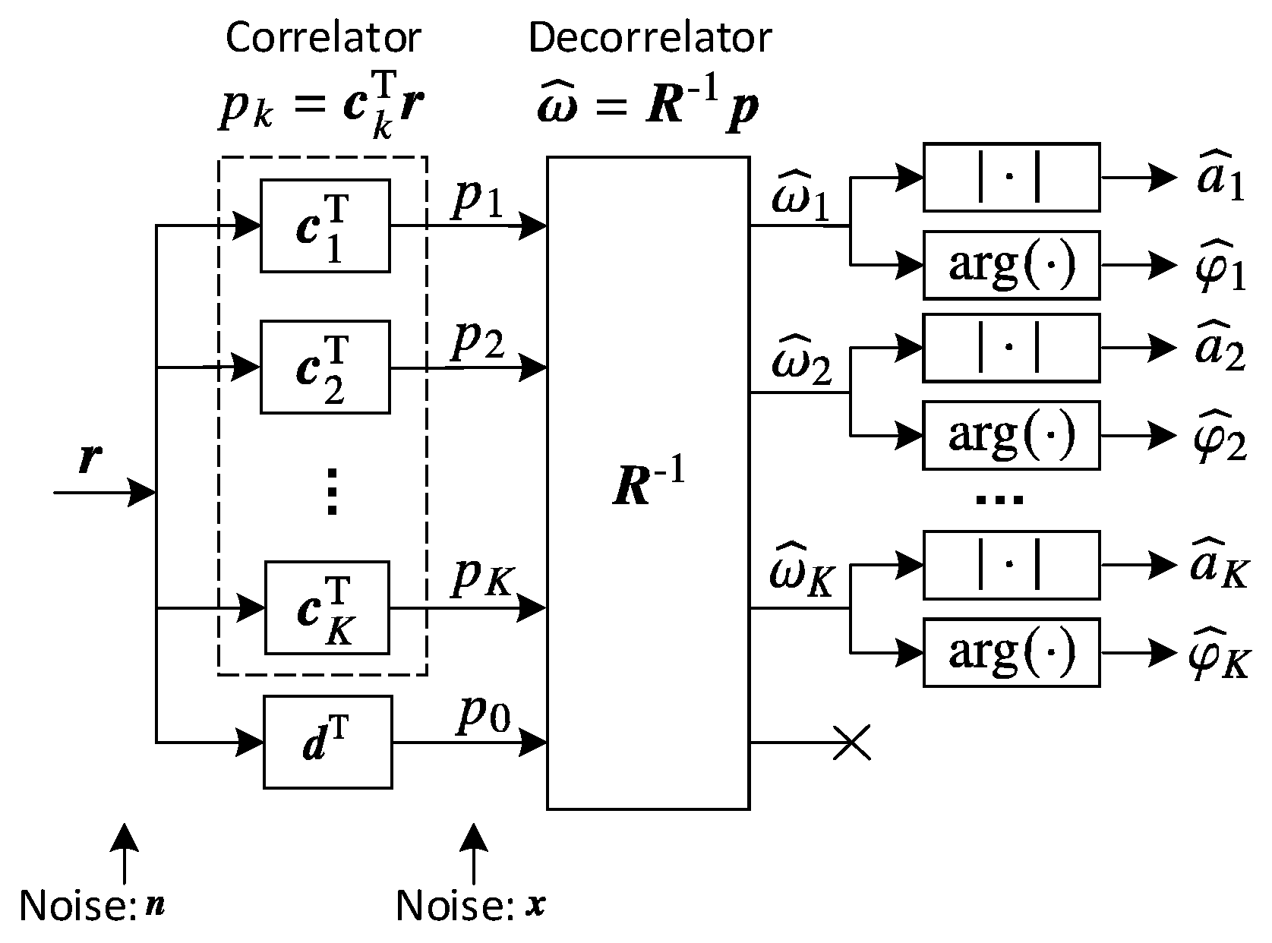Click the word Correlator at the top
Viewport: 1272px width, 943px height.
click(x=323, y=38)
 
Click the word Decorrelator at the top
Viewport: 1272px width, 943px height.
click(x=650, y=38)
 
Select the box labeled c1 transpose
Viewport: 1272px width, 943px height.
click(x=325, y=225)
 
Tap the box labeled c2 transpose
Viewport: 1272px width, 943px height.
click(x=325, y=367)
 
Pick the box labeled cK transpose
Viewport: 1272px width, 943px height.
click(x=327, y=607)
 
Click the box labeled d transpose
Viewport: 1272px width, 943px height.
click(x=328, y=742)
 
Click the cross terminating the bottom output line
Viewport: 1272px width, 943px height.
click(x=852, y=743)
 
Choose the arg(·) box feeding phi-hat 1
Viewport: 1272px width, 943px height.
click(x=1011, y=265)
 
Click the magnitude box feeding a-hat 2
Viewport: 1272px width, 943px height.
click(x=1011, y=348)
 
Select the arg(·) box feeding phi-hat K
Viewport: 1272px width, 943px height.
click(x=1011, y=652)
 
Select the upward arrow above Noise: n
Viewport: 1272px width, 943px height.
click(x=125, y=854)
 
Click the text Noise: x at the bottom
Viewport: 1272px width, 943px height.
click(x=471, y=906)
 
